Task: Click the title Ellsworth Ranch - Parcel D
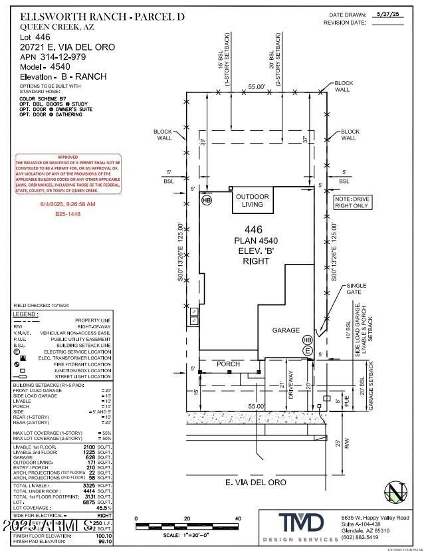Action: [x=93, y=16]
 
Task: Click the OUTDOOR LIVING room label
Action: [x=252, y=200]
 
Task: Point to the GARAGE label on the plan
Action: [x=286, y=330]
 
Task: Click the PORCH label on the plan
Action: [x=227, y=364]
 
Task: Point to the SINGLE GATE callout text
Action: [x=356, y=290]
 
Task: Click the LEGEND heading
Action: [x=26, y=313]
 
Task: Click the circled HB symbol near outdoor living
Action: [x=207, y=200]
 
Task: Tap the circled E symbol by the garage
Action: [x=307, y=350]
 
